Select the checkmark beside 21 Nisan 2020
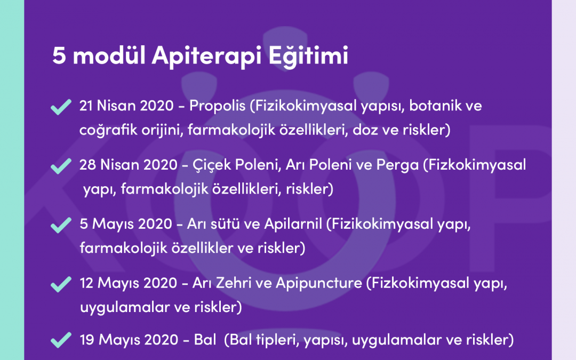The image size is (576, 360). coord(61,108)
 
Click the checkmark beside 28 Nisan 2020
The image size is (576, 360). coord(61,167)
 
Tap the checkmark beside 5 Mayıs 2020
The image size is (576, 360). coord(61,226)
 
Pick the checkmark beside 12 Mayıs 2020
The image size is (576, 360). coord(61,285)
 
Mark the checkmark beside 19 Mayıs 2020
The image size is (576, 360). coord(61,340)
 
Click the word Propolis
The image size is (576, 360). coord(220,106)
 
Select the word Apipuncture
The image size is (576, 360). coord(318,284)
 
